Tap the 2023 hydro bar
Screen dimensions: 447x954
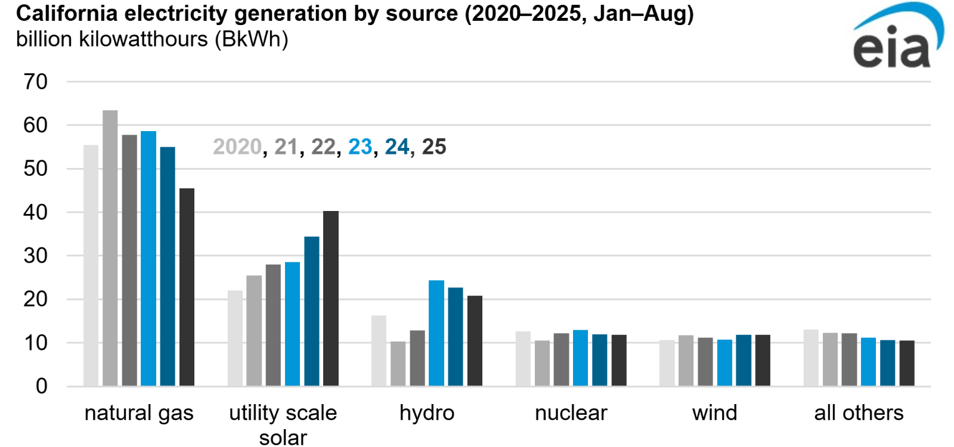click(436, 333)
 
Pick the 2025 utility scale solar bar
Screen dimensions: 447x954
click(331, 299)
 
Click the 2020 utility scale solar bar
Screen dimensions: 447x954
click(235, 338)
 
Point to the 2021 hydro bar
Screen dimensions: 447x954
click(398, 364)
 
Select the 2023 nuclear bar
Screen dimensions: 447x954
click(580, 358)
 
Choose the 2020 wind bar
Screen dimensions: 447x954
click(667, 363)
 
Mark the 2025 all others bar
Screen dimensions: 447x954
click(907, 363)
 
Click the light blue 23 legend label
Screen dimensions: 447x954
click(360, 147)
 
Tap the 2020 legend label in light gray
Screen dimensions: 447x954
click(237, 147)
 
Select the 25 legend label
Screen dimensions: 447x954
click(434, 147)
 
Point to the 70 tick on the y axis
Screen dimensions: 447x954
click(36, 82)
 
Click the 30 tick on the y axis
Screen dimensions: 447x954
click(36, 256)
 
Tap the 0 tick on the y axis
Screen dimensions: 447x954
click(41, 386)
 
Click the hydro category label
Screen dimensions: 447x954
click(427, 412)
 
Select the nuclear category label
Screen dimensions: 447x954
click(571, 412)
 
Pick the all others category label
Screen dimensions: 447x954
click(859, 412)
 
